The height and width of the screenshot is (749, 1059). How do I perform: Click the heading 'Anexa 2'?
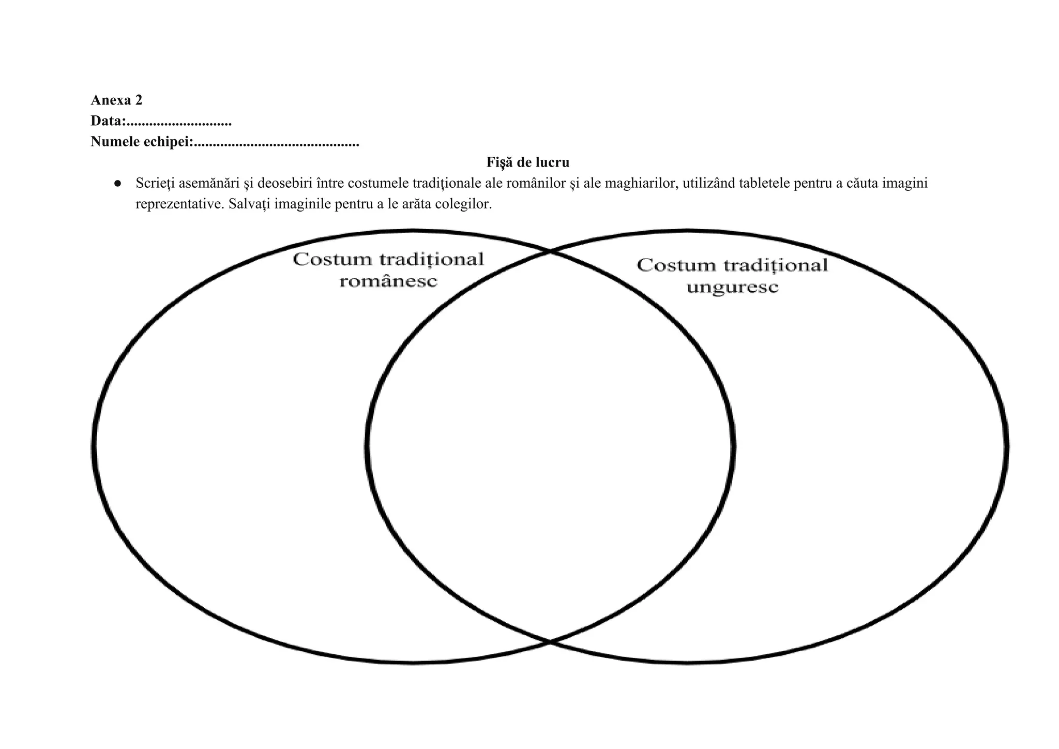pyautogui.click(x=116, y=100)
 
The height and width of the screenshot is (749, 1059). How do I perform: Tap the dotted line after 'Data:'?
pyautogui.click(x=179, y=123)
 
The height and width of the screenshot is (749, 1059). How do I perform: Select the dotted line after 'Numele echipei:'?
pyautogui.click(x=276, y=144)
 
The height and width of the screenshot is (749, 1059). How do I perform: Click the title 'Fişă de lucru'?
pyautogui.click(x=527, y=162)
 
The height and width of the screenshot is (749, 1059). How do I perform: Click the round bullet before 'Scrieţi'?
pyautogui.click(x=118, y=184)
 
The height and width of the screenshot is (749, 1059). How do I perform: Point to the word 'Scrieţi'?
pyautogui.click(x=155, y=183)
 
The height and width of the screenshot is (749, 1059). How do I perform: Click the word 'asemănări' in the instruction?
pyautogui.click(x=209, y=183)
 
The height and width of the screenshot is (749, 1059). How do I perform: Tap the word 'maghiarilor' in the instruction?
pyautogui.click(x=640, y=183)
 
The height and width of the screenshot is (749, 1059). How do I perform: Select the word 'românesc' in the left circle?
pyautogui.click(x=388, y=281)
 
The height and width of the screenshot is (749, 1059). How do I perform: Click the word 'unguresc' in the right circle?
pyautogui.click(x=732, y=287)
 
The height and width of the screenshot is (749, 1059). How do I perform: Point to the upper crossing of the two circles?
pyautogui.click(x=550, y=252)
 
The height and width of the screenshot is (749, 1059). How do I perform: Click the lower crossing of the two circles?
pyautogui.click(x=550, y=642)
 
